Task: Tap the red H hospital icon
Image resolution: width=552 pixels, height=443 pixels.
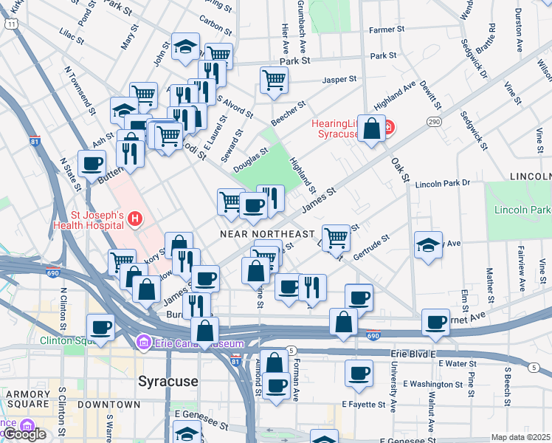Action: pyautogui.click(x=135, y=219)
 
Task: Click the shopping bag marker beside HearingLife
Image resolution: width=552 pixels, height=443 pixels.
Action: pyautogui.click(x=373, y=129)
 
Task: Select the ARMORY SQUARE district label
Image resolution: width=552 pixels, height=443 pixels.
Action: pyautogui.click(x=27, y=394)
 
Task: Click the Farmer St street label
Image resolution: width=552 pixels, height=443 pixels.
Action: pyautogui.click(x=388, y=30)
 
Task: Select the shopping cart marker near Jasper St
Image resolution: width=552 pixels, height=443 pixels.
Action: pyautogui.click(x=274, y=79)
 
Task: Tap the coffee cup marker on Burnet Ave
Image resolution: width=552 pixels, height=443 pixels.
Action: pyautogui.click(x=435, y=322)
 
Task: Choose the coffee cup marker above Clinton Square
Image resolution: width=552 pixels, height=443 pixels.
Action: pyautogui.click(x=100, y=327)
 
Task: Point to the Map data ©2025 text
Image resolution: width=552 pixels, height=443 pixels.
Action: pyautogui.click(x=520, y=437)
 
